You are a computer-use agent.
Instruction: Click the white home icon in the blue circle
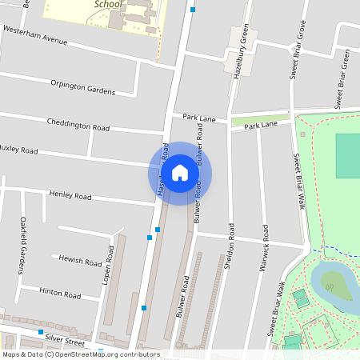pos(180,173)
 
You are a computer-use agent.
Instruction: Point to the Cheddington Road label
pos(78,126)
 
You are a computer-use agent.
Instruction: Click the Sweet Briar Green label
pos(342,78)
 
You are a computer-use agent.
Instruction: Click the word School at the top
pos(109,4)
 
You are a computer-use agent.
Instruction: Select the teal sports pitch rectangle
pos(348,155)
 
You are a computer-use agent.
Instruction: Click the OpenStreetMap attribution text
pos(81,354)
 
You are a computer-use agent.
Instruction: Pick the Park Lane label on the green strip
pos(261,126)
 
